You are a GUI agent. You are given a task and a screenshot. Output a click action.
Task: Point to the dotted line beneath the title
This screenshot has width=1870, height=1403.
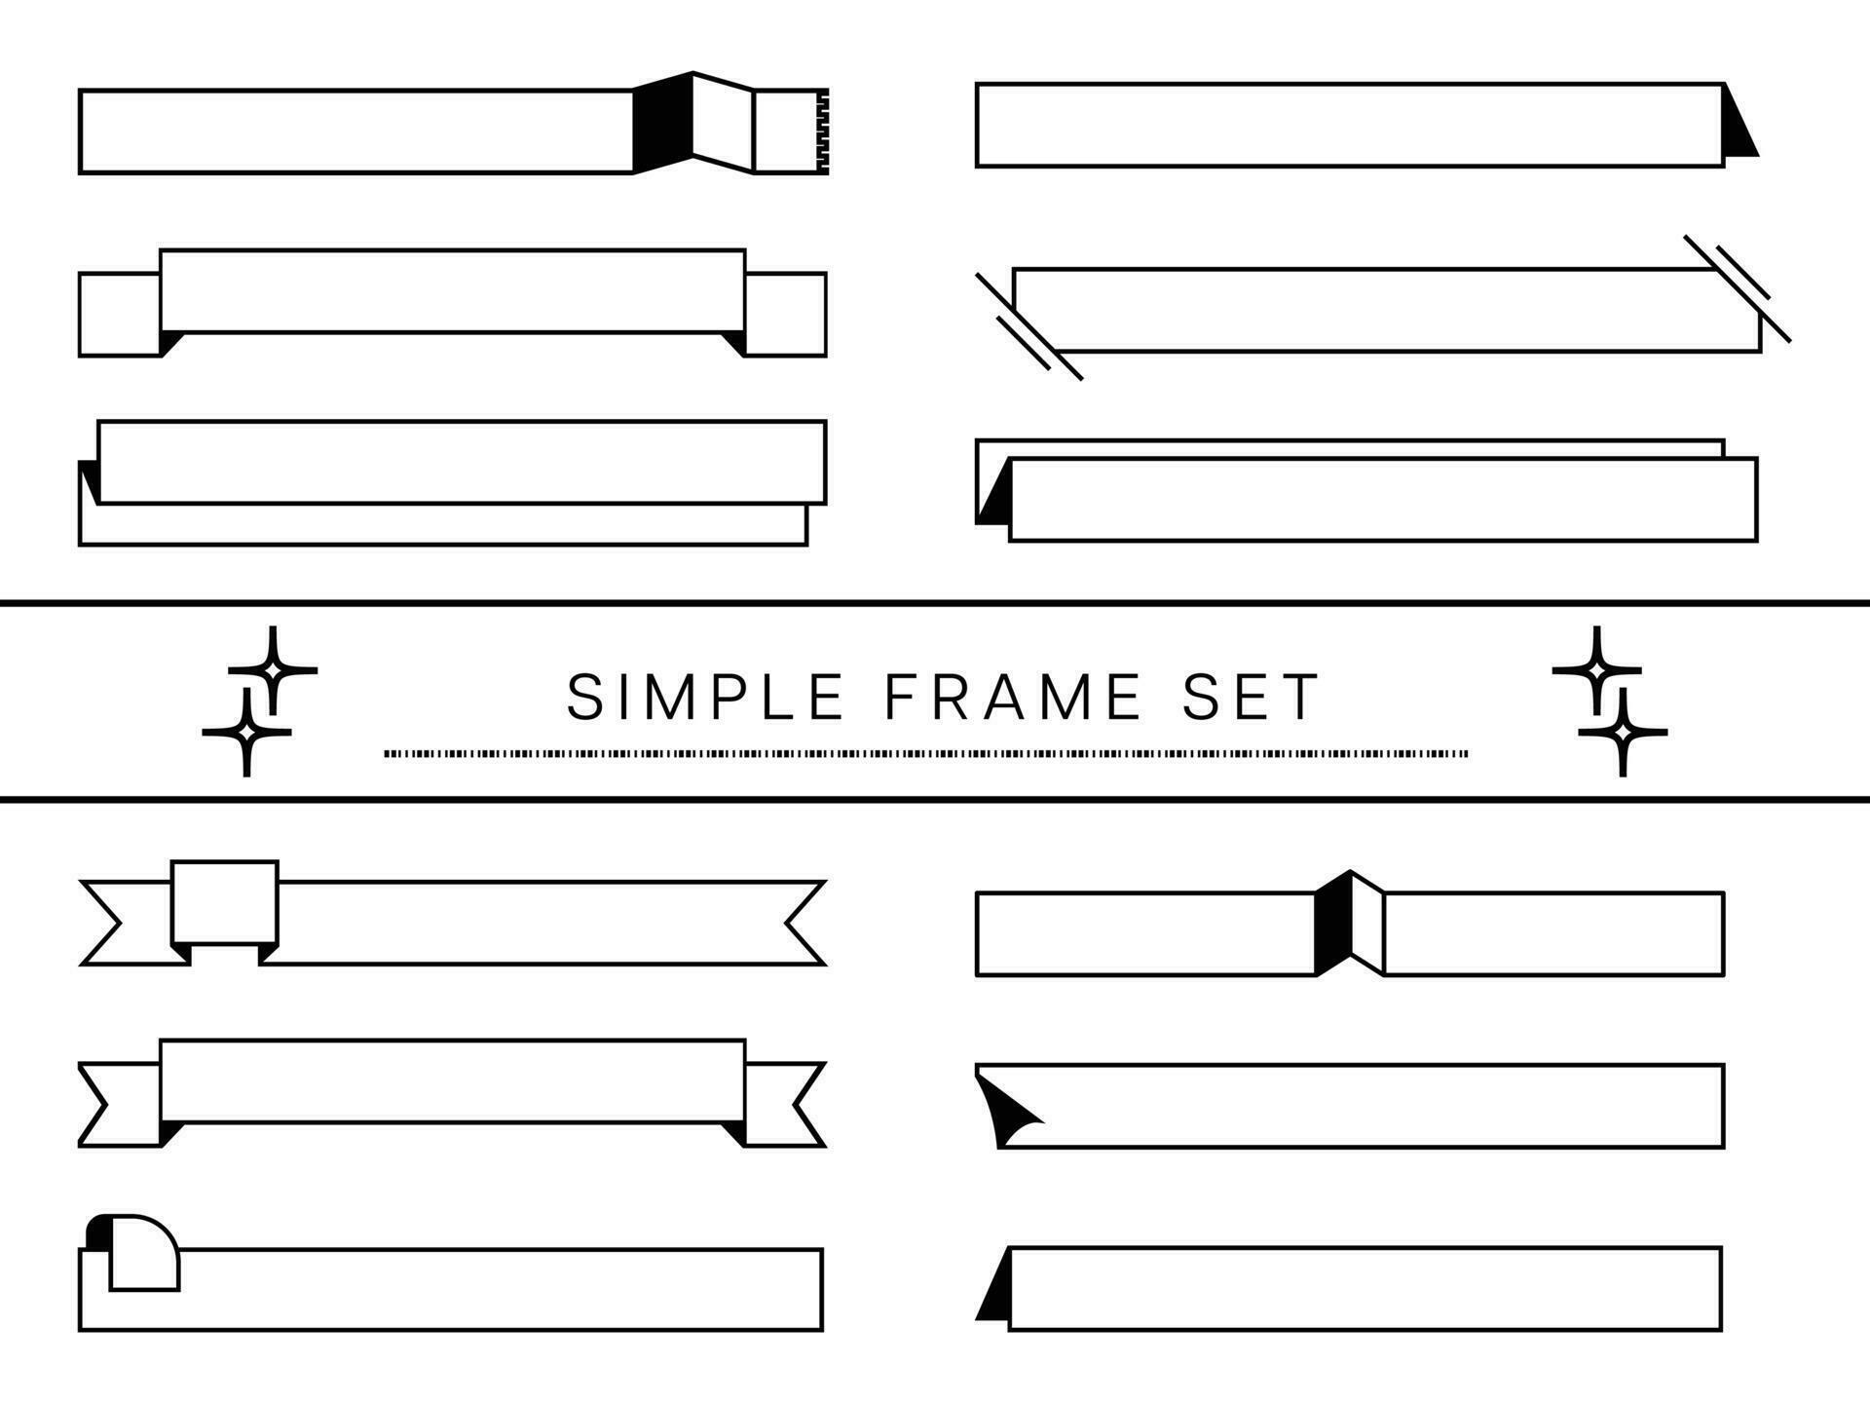pos(925,753)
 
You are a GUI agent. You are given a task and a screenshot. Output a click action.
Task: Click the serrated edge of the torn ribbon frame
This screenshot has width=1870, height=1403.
pos(823,132)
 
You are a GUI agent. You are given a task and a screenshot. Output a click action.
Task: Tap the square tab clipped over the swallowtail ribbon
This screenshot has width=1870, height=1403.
pos(225,903)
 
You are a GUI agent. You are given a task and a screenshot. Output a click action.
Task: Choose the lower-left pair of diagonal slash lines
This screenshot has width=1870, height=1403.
pos(1028,326)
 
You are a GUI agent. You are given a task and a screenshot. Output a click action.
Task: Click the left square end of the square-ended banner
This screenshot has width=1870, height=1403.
pos(119,314)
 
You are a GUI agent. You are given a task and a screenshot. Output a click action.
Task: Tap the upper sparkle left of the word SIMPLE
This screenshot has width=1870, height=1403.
pos(273,670)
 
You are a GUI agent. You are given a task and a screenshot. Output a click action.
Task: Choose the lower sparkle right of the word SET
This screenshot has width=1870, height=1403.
pos(1623,731)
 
